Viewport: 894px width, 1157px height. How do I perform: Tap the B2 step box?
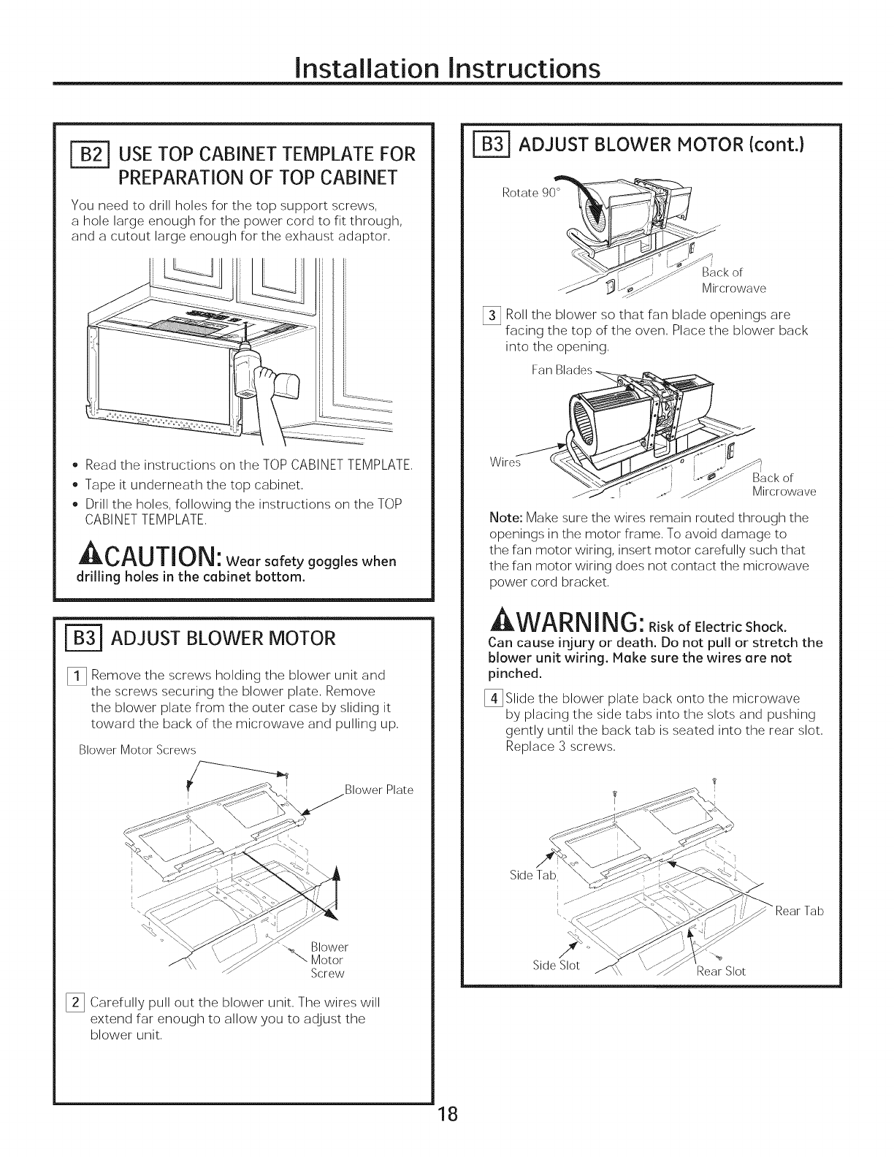tap(87, 155)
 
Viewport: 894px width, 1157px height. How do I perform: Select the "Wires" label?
tap(503, 463)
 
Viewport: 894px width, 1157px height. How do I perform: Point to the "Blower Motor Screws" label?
tap(138, 750)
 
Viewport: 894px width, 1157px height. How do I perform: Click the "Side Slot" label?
tap(556, 966)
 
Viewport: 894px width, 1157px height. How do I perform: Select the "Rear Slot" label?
tap(720, 971)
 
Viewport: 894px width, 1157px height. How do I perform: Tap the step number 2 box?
tap(77, 1001)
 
